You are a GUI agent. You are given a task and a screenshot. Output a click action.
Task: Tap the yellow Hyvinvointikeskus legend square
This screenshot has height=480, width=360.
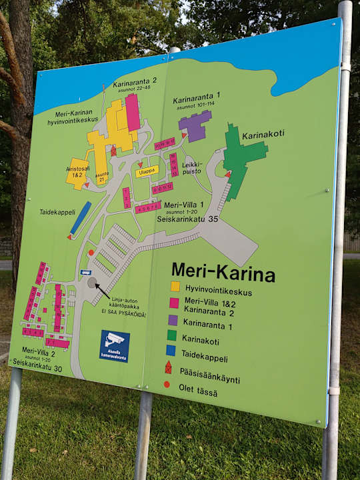click(x=175, y=287)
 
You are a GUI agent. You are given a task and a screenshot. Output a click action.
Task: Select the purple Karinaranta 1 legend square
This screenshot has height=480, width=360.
click(x=174, y=320)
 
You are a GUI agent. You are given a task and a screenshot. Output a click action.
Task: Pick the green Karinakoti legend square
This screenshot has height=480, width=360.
click(x=173, y=336)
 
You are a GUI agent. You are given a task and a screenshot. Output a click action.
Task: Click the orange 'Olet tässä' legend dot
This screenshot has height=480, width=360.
click(x=167, y=385)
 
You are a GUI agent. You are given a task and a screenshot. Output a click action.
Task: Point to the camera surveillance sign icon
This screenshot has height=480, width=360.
click(x=115, y=345)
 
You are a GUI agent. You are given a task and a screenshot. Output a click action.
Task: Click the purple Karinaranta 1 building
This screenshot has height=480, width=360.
click(x=195, y=125)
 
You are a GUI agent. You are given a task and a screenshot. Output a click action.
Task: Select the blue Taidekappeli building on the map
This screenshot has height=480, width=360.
click(x=81, y=217)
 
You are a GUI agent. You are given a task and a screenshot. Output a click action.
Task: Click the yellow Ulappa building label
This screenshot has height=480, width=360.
click(x=147, y=171)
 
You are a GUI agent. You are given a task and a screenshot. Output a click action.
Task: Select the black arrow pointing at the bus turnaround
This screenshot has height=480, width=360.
click(x=102, y=290)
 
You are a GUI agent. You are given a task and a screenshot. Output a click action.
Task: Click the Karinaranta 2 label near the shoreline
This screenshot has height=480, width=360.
click(x=134, y=81)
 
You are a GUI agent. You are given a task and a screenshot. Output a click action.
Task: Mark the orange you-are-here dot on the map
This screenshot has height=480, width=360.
click(x=91, y=253)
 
